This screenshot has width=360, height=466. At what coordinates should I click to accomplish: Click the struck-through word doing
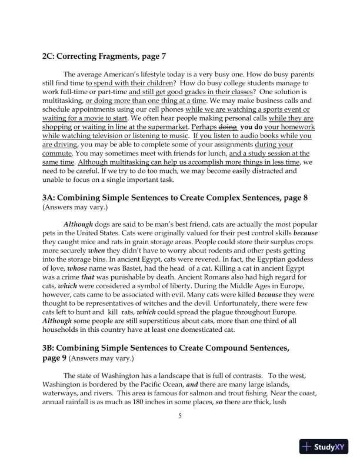(x=228, y=127)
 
